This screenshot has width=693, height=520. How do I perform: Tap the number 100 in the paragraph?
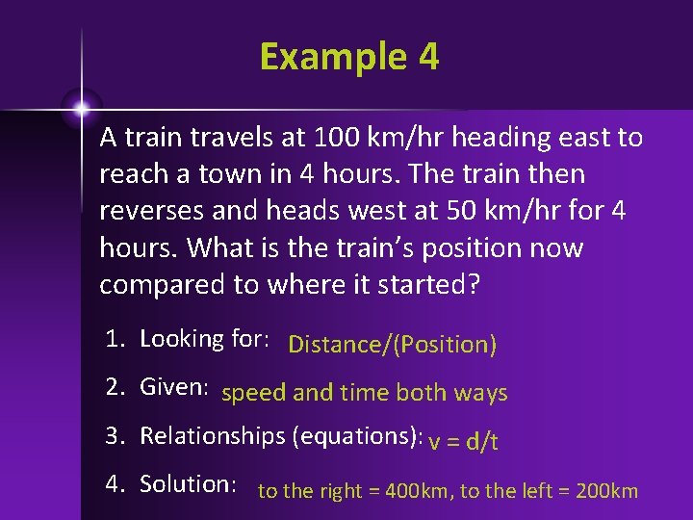click(x=336, y=138)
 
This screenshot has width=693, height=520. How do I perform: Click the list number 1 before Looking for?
click(x=113, y=339)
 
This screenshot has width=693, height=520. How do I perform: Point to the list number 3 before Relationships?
click(x=114, y=435)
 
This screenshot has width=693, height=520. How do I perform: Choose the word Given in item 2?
click(x=173, y=387)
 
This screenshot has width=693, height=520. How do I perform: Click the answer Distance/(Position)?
click(x=392, y=345)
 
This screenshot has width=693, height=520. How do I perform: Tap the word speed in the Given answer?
click(x=253, y=393)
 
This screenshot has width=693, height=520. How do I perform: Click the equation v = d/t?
click(x=463, y=441)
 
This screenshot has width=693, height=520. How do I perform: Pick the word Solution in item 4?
click(x=187, y=483)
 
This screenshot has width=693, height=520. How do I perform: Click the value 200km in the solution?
click(x=605, y=491)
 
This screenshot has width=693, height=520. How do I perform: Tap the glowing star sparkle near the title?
click(x=82, y=108)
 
